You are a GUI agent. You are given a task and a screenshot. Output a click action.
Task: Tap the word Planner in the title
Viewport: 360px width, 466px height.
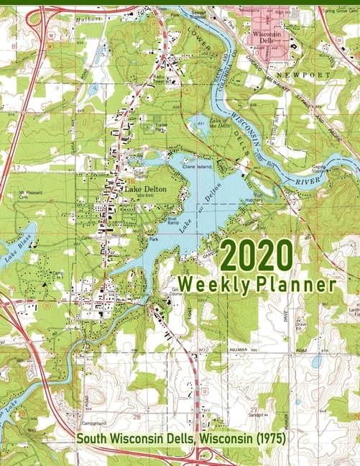pyautogui.click(x=296, y=285)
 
